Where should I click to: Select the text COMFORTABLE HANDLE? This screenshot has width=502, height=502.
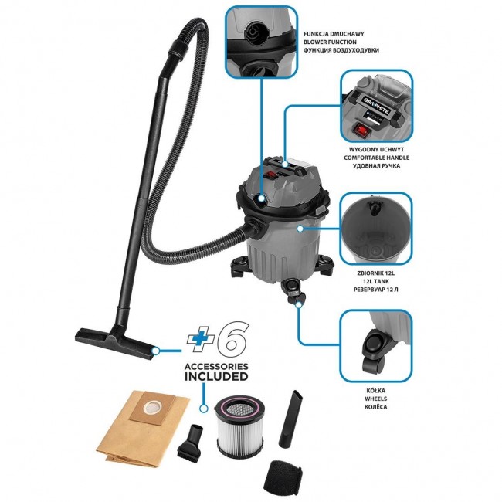376,158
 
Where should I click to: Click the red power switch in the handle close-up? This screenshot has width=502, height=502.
362,131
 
